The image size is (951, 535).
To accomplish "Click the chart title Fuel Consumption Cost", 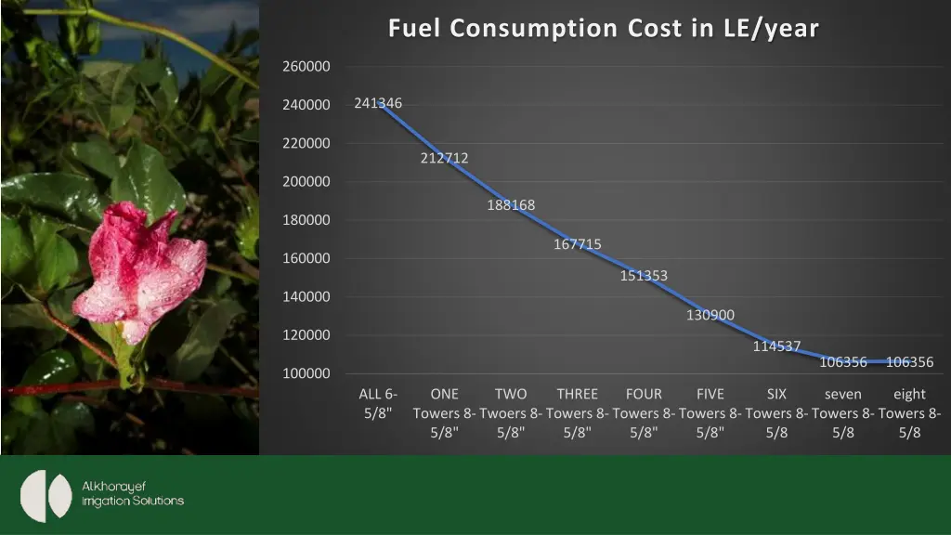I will (x=603, y=29).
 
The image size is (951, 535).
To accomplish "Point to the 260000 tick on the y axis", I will (x=306, y=67).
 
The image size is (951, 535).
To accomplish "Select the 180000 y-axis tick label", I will (x=306, y=220).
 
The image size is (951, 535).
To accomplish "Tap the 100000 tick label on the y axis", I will (x=306, y=373).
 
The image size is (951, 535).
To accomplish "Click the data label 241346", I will (x=378, y=103).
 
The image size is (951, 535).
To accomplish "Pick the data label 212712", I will (x=444, y=158).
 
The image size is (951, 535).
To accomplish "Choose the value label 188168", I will (x=511, y=205).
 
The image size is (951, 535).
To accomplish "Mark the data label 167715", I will (x=578, y=244).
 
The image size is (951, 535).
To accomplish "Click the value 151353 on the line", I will (x=644, y=276).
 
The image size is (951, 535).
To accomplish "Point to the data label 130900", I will (x=710, y=315).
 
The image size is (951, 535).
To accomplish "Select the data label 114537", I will (x=776, y=346).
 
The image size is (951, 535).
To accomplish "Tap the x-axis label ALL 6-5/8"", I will (x=378, y=403).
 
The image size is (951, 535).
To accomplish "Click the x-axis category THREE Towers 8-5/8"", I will (x=578, y=412).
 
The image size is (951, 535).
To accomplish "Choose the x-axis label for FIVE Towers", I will (x=710, y=412).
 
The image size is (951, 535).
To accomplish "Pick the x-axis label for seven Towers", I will (x=843, y=412).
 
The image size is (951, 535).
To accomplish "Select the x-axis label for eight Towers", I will (x=909, y=412).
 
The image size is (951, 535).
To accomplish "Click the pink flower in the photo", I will (x=139, y=265).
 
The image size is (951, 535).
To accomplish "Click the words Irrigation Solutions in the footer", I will (x=133, y=502).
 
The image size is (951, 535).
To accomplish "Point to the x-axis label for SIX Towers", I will (x=776, y=412).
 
